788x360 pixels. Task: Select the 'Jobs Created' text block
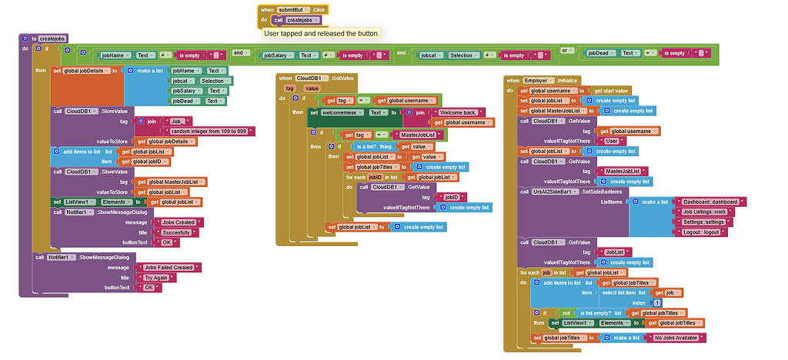pos(179,222)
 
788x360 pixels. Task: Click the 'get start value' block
pos(611,91)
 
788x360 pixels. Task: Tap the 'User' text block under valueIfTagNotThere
pos(611,141)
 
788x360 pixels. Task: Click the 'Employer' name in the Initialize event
pos(536,81)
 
